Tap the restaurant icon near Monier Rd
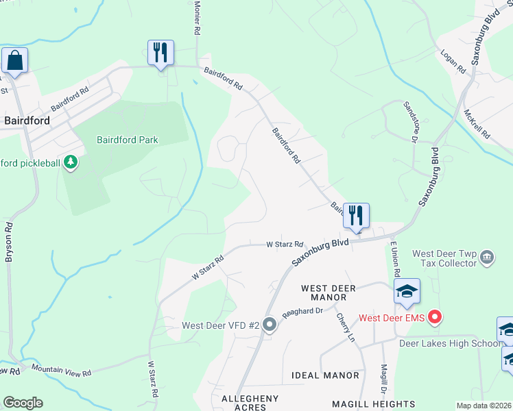(x=160, y=52)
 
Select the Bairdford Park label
(x=128, y=140)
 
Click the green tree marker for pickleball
(x=70, y=162)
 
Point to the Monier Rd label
(x=197, y=18)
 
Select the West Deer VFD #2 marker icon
(x=270, y=325)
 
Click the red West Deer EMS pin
(x=433, y=317)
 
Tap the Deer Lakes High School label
(x=450, y=343)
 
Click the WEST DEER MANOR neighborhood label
(x=329, y=293)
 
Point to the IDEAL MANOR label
(x=325, y=375)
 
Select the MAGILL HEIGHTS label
(x=374, y=404)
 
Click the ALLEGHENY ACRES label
(x=250, y=403)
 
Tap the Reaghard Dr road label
(x=302, y=310)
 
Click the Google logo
(x=23, y=403)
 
